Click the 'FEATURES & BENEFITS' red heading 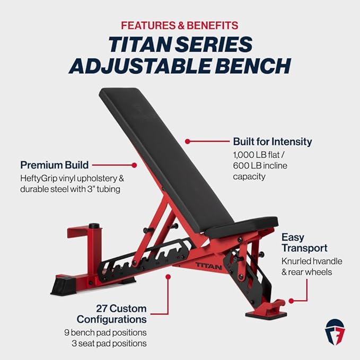pyautogui.click(x=180, y=25)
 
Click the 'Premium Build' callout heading pyautogui.click(x=54, y=165)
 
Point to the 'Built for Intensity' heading pyautogui.click(x=273, y=142)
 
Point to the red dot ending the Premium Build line pyautogui.click(x=134, y=165)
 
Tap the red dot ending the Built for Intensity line pyautogui.click(x=187, y=141)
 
